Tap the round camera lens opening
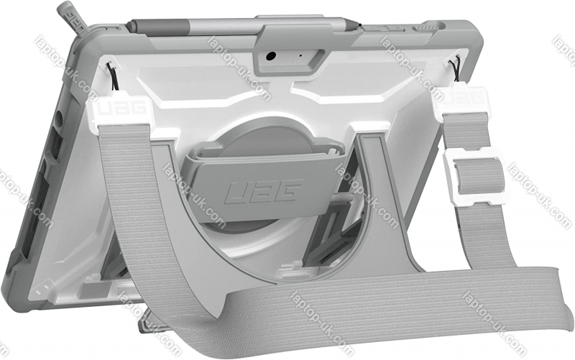point(271,57)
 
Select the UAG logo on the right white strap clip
point(463,96)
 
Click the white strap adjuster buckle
point(476,175)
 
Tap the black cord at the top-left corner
point(113,76)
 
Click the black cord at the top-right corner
point(456,67)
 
